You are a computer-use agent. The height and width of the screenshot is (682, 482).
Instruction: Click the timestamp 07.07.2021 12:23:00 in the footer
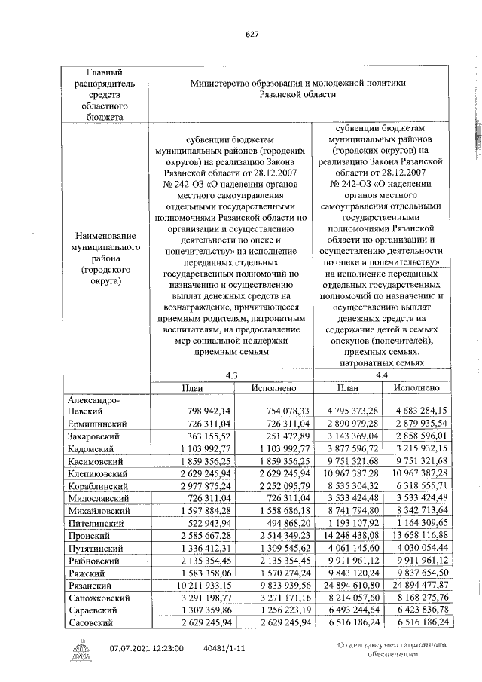pyautogui.click(x=147, y=647)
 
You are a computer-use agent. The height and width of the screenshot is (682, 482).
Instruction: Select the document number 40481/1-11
pyautogui.click(x=230, y=647)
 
